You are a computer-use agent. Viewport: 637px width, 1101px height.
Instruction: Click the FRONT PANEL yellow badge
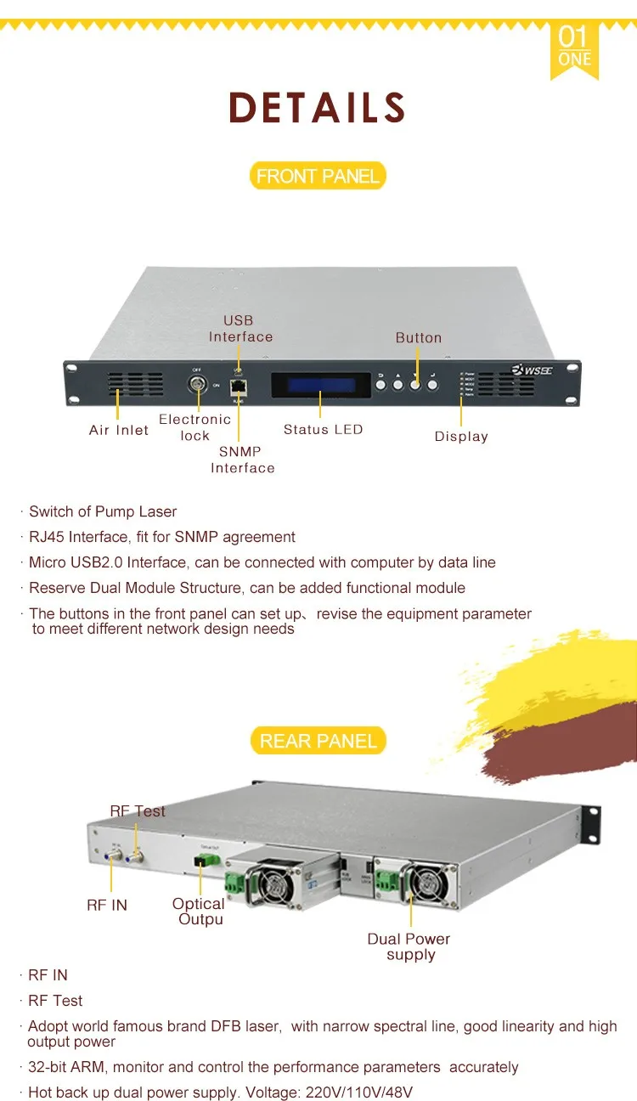(x=318, y=176)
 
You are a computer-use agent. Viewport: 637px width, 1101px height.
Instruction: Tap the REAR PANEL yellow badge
(x=318, y=741)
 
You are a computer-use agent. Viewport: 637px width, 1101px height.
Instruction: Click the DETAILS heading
(x=318, y=108)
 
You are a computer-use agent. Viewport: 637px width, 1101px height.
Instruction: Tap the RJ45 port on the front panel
(x=239, y=386)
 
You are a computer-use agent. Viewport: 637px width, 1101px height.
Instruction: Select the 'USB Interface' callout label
(x=240, y=329)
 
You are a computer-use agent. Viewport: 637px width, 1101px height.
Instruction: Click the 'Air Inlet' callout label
(x=119, y=430)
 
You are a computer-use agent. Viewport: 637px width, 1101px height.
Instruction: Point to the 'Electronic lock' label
(x=194, y=427)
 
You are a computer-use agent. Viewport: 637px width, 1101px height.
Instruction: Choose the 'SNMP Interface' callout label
(x=242, y=460)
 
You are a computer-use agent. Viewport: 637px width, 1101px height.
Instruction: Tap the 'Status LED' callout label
(x=323, y=430)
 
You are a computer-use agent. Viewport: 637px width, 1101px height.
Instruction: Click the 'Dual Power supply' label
(x=409, y=946)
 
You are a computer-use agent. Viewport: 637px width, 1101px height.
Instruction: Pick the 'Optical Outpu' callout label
(x=200, y=912)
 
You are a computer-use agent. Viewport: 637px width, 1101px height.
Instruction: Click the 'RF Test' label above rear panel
(x=138, y=811)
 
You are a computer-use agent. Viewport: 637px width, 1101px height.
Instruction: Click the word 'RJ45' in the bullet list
(x=47, y=537)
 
